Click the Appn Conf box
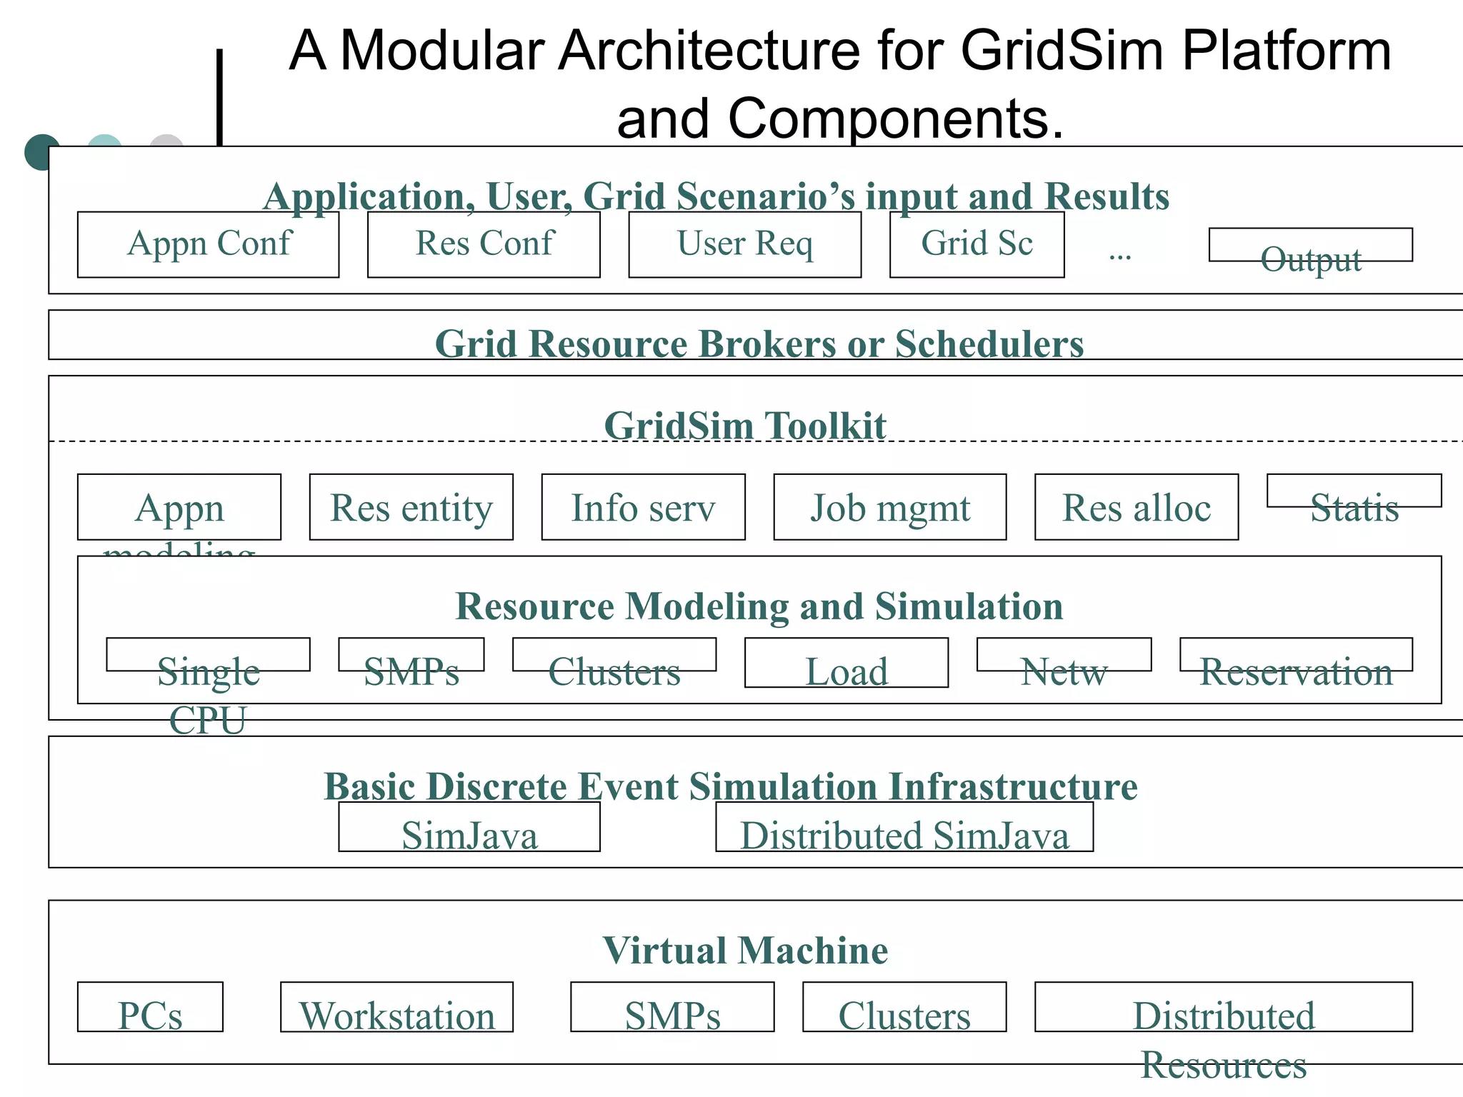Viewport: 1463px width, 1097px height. click(208, 244)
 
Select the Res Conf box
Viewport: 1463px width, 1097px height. click(484, 244)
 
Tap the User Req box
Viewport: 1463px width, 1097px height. click(744, 244)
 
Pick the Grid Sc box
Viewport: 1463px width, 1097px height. click(977, 244)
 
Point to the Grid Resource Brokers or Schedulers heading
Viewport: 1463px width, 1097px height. click(759, 344)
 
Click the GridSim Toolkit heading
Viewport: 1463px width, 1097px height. click(745, 426)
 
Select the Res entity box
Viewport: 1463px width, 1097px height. click(411, 508)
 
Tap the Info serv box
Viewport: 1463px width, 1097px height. click(643, 508)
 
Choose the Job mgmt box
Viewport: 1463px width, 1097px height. click(889, 508)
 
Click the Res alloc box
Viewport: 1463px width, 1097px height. click(1136, 508)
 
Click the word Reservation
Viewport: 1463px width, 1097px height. click(1296, 672)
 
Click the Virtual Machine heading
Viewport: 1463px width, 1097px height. click(745, 951)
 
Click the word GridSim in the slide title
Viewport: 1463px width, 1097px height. click(1064, 51)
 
